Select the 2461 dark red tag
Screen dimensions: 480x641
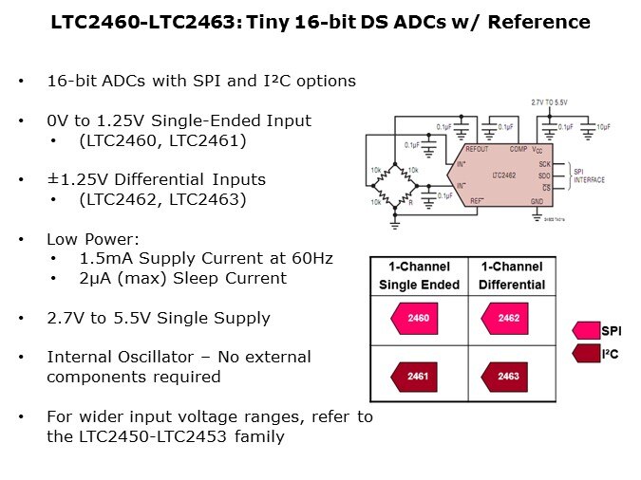pos(418,377)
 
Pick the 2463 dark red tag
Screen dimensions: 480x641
pos(508,377)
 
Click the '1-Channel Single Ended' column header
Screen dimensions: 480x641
pos(419,275)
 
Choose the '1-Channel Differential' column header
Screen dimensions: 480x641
pos(512,275)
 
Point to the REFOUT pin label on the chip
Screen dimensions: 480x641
pos(477,149)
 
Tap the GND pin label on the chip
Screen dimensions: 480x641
pos(537,201)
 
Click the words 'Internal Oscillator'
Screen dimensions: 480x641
pos(122,357)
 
